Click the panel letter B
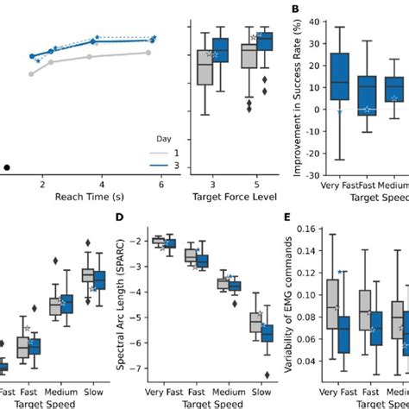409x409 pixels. [x=295, y=9]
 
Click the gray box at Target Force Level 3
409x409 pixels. [x=205, y=69]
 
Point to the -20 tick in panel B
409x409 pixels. [x=307, y=154]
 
